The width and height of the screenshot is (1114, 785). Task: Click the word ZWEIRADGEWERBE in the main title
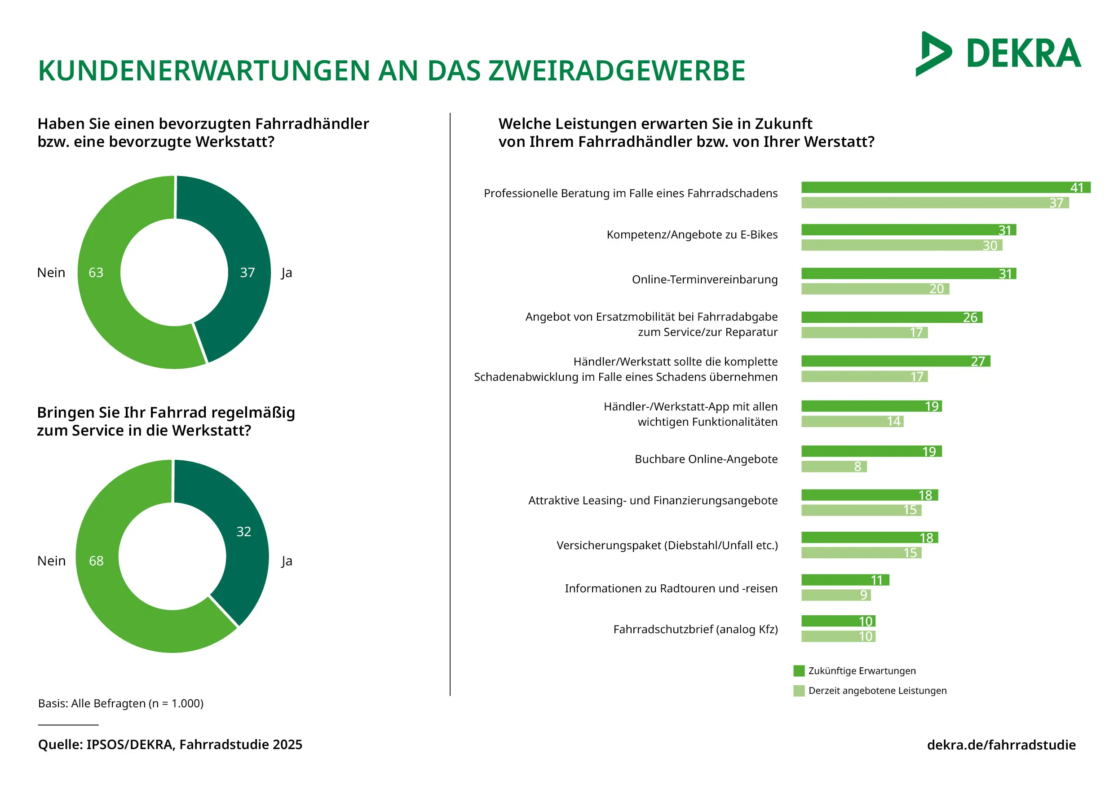(616, 71)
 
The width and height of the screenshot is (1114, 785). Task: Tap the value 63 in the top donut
(96, 273)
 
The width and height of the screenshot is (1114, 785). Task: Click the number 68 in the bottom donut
(96, 561)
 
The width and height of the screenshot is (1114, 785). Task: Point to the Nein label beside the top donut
(51, 273)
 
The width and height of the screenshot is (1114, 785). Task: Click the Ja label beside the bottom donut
(287, 561)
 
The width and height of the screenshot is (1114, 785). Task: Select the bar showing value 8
(833, 466)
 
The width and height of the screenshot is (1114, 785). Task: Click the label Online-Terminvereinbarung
(704, 279)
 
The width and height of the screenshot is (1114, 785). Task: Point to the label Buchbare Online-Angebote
(706, 459)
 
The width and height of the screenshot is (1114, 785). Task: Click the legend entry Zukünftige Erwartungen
(862, 670)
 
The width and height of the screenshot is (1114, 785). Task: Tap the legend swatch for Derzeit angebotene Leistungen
(799, 690)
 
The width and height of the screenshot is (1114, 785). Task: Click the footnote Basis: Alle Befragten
(121, 704)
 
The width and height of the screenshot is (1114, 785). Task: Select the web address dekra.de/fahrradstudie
(1001, 745)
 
